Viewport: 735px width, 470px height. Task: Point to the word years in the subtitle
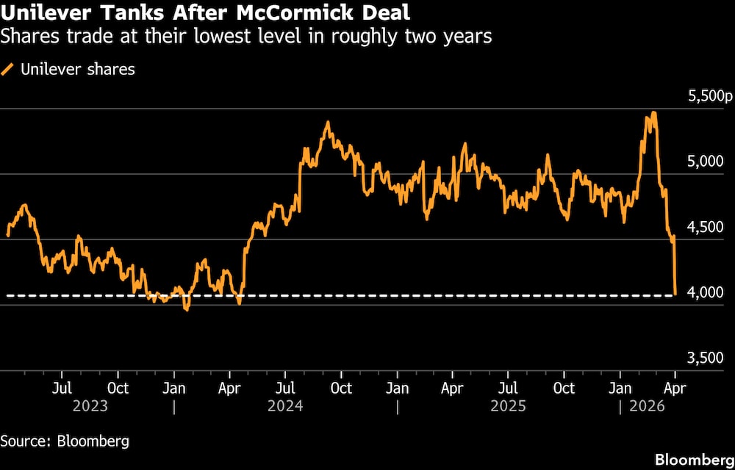pyautogui.click(x=463, y=36)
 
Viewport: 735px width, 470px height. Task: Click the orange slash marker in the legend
pyautogui.click(x=8, y=70)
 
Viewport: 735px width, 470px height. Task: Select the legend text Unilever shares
pyautogui.click(x=78, y=70)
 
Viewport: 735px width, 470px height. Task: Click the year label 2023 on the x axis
pyautogui.click(x=90, y=405)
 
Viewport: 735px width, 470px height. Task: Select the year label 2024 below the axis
pyautogui.click(x=285, y=405)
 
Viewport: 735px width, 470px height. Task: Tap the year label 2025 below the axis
pyautogui.click(x=508, y=405)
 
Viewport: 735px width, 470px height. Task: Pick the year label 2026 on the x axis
pyautogui.click(x=647, y=405)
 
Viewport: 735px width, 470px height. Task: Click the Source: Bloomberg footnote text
pyautogui.click(x=65, y=441)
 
